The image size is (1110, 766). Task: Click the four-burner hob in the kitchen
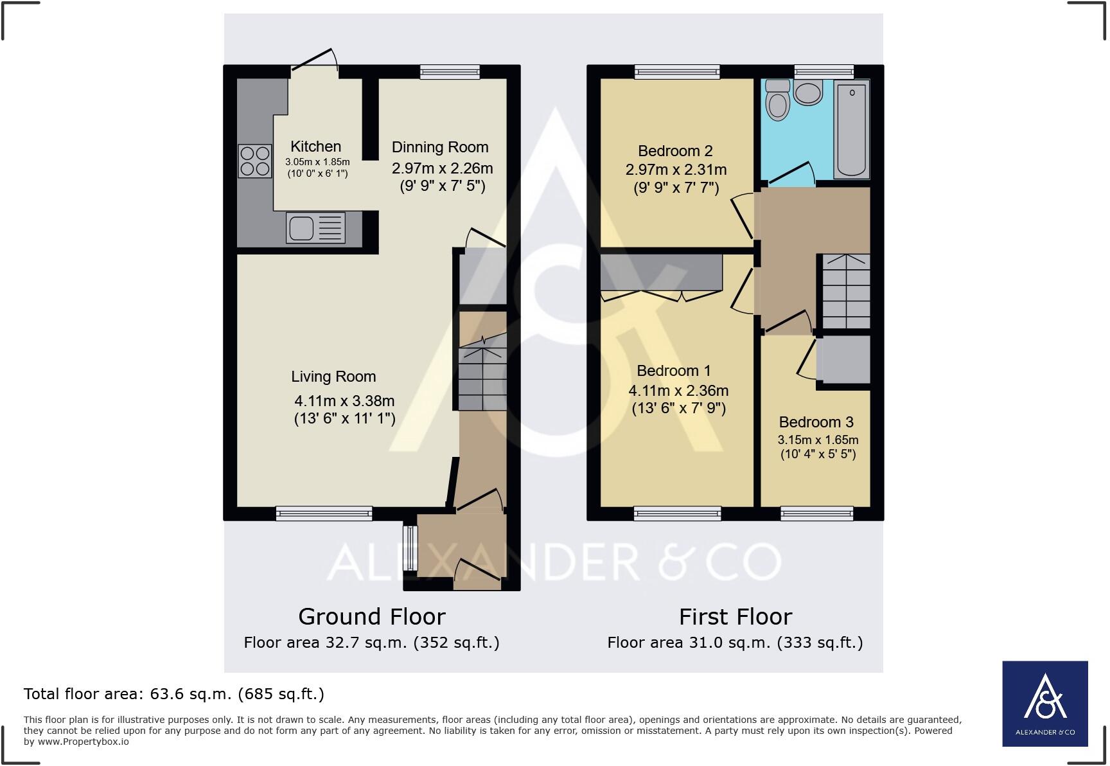[x=254, y=161]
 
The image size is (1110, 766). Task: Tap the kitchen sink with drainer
[x=315, y=227]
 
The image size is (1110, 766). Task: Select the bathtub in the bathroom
[x=851, y=129]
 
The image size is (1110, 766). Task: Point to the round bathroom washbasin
[x=808, y=93]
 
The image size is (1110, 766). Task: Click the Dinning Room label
[x=440, y=147]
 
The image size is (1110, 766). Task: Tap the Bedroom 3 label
[x=816, y=422]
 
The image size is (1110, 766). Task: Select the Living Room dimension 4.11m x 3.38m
[x=344, y=401]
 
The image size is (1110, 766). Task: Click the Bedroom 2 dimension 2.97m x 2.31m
[x=676, y=170]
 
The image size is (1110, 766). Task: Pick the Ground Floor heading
[x=371, y=617]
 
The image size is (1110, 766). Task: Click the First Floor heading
[x=736, y=617]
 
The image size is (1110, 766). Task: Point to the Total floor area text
[x=173, y=694]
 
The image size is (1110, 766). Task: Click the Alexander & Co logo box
[x=1044, y=703]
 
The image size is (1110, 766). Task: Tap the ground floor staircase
[x=483, y=376]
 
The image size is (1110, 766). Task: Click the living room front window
[x=324, y=513]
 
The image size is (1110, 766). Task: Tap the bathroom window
[x=824, y=71]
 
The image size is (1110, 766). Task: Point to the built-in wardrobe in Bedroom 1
[x=661, y=272]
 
